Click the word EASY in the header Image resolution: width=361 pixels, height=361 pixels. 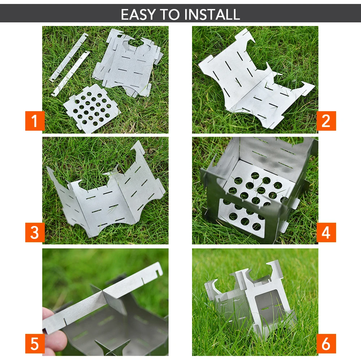click(x=136, y=14)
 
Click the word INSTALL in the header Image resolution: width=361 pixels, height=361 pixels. click(x=212, y=14)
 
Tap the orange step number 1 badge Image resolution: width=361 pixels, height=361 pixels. click(x=35, y=121)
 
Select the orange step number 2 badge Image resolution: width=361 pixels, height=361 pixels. click(x=326, y=121)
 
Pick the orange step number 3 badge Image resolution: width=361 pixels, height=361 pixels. click(x=35, y=232)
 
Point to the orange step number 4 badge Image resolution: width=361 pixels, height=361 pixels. click(x=326, y=232)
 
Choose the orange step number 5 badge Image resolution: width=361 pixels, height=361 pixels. click(x=35, y=344)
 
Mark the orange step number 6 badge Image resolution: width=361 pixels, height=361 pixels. click(x=326, y=344)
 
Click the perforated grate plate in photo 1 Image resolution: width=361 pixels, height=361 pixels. click(x=91, y=108)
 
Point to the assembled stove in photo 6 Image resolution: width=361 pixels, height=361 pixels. click(x=249, y=300)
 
